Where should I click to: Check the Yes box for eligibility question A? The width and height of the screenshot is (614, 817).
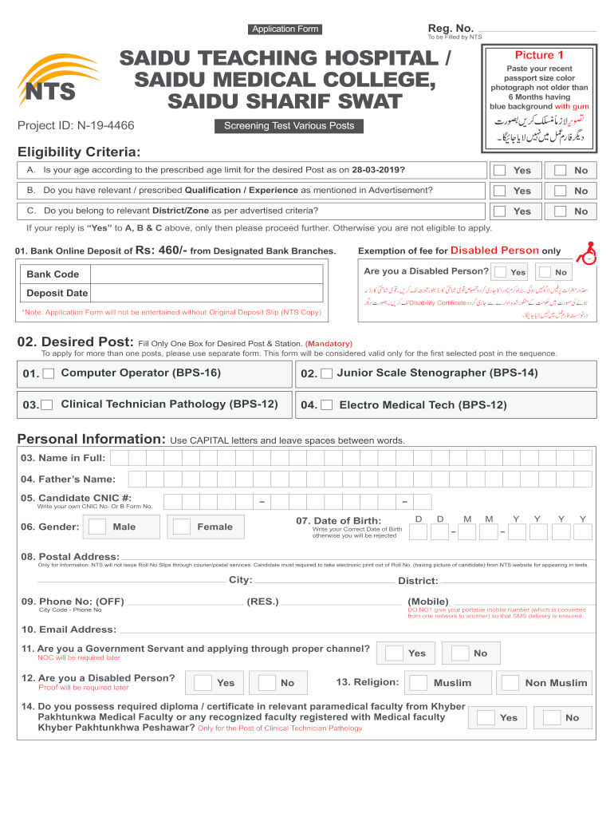click(499, 170)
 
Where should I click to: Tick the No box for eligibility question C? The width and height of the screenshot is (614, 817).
click(561, 211)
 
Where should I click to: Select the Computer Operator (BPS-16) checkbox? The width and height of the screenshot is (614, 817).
click(49, 373)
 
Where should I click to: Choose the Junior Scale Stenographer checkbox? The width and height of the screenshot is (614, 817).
click(326, 373)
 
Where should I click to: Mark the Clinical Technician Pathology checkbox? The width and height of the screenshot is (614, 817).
click(47, 405)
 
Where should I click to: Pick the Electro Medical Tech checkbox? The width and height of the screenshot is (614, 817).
click(326, 405)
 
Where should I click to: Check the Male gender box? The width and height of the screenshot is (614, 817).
click(97, 527)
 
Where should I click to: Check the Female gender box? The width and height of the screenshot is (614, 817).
click(182, 527)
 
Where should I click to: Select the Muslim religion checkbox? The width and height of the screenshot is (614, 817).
click(417, 682)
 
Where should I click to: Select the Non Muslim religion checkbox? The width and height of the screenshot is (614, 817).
click(509, 682)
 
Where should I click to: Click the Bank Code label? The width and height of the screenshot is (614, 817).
click(53, 274)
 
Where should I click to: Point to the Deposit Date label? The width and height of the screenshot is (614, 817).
click(57, 294)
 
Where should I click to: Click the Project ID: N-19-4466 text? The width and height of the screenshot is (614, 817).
click(76, 125)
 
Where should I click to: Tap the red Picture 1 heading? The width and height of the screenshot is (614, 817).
click(539, 55)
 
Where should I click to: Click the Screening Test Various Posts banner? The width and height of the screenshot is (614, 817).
click(289, 126)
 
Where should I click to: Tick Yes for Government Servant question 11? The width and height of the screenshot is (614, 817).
click(393, 653)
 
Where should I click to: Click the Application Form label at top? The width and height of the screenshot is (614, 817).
click(285, 30)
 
